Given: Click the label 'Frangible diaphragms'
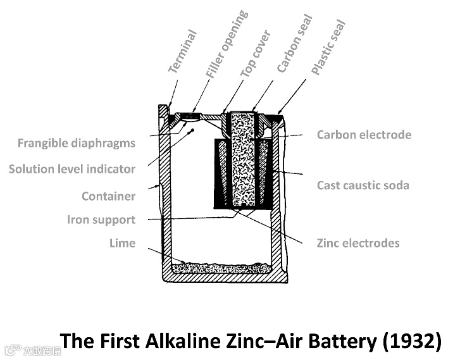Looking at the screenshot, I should [76, 143].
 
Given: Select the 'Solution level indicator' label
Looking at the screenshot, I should [71, 169].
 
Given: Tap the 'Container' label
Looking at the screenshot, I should [108, 196].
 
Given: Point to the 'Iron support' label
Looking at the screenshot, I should [101, 220].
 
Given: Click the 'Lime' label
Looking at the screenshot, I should [122, 243].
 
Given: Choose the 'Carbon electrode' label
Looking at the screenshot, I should [364, 135].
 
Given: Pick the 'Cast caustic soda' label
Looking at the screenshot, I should [363, 185].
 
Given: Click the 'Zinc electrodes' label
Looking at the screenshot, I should [358, 243].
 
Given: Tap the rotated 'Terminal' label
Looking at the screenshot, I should [183, 51].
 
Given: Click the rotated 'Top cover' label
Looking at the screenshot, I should [256, 53].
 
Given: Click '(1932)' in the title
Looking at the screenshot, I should [411, 341].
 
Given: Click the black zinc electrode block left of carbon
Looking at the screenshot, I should [222, 174].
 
